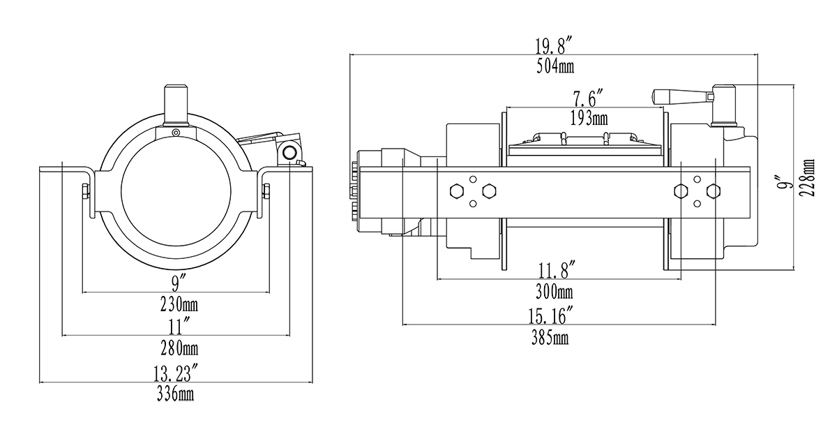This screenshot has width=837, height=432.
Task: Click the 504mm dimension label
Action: click(x=555, y=67)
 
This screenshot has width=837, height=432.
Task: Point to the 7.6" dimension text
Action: click(x=588, y=97)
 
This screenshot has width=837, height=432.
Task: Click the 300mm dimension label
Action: click(x=555, y=291)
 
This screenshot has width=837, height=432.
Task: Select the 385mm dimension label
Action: click(x=550, y=338)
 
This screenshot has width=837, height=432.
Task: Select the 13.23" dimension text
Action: click(x=175, y=373)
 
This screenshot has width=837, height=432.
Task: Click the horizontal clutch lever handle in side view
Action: click(x=679, y=98)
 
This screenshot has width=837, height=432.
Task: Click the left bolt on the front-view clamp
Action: click(x=85, y=191)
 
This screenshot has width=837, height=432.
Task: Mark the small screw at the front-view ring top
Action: click(x=176, y=133)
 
